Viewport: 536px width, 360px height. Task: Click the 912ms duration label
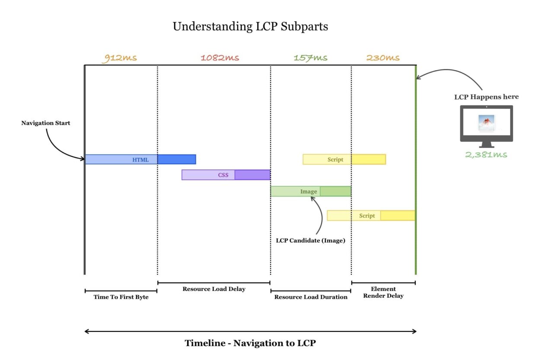[x=119, y=58]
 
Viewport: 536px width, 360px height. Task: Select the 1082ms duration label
[x=220, y=58]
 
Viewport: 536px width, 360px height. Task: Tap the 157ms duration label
[x=310, y=58]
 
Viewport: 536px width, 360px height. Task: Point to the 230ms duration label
[x=383, y=58]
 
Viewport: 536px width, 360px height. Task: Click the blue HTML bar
[x=140, y=159]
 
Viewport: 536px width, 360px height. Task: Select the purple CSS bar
[x=226, y=175]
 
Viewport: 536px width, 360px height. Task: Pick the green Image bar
[x=310, y=191]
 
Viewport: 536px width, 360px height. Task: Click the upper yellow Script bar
[x=344, y=159]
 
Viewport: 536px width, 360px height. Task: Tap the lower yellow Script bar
[x=371, y=216]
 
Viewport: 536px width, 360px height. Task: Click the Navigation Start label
[x=46, y=123]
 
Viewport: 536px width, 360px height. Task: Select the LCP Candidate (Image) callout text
[x=310, y=241]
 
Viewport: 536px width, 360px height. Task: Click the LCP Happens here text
[x=486, y=97]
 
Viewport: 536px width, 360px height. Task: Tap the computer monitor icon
[x=486, y=125]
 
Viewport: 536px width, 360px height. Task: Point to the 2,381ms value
[x=486, y=154]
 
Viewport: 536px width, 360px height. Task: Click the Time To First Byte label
[x=121, y=297]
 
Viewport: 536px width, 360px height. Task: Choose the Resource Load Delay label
[x=214, y=289]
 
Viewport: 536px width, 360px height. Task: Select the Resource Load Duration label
[x=311, y=297]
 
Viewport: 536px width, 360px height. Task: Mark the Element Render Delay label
[x=383, y=293]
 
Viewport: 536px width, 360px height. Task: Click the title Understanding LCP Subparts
[x=250, y=26]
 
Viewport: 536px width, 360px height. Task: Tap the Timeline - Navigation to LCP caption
[x=250, y=344]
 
